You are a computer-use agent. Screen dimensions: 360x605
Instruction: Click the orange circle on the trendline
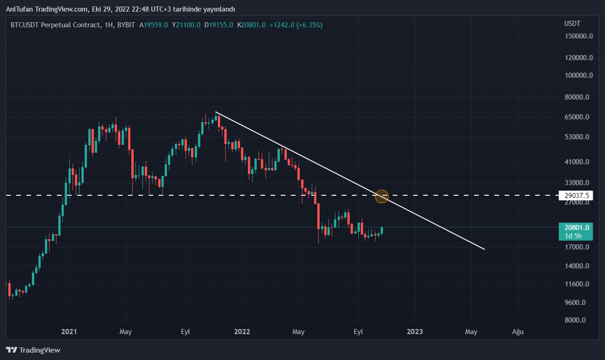(382, 196)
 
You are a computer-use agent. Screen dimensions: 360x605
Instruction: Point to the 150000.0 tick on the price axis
(578, 36)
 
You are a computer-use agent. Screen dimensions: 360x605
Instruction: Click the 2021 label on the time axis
(69, 332)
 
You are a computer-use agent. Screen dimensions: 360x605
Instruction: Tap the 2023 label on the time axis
(414, 332)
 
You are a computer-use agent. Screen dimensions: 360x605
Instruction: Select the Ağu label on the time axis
(518, 332)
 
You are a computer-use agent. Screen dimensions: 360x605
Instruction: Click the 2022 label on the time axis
(242, 332)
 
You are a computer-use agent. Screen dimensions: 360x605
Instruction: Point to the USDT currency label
(572, 23)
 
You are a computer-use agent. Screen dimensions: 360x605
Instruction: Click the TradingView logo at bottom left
(33, 350)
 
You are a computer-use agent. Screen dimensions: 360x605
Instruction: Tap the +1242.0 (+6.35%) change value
(296, 25)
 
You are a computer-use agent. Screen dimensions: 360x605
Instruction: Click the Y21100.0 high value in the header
(186, 25)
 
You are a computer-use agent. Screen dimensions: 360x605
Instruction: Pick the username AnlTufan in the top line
(20, 9)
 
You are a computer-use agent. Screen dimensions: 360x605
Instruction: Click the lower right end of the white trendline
(484, 249)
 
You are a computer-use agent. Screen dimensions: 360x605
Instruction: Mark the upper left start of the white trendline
(216, 112)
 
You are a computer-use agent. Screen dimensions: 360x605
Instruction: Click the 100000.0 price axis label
(578, 75)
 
